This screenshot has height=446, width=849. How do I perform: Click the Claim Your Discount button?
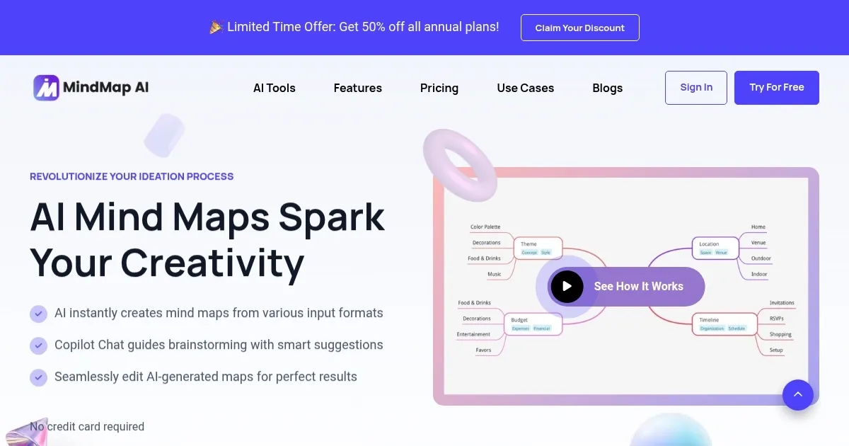click(579, 28)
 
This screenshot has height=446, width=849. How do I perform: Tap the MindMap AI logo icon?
click(46, 88)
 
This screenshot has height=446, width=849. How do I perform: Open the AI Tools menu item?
click(275, 88)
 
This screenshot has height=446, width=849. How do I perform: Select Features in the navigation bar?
click(357, 88)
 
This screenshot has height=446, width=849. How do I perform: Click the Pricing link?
click(439, 88)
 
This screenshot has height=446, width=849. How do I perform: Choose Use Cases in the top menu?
click(525, 88)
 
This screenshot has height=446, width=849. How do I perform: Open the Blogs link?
click(607, 88)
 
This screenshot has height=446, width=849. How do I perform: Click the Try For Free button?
click(776, 88)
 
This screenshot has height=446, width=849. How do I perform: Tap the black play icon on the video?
click(567, 286)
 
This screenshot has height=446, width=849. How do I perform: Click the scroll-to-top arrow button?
click(797, 394)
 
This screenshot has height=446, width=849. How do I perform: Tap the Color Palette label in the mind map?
click(485, 227)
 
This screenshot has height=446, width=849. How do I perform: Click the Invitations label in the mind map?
click(782, 303)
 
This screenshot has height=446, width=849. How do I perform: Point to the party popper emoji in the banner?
click(216, 27)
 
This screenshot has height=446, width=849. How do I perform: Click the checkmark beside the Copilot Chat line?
click(38, 345)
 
